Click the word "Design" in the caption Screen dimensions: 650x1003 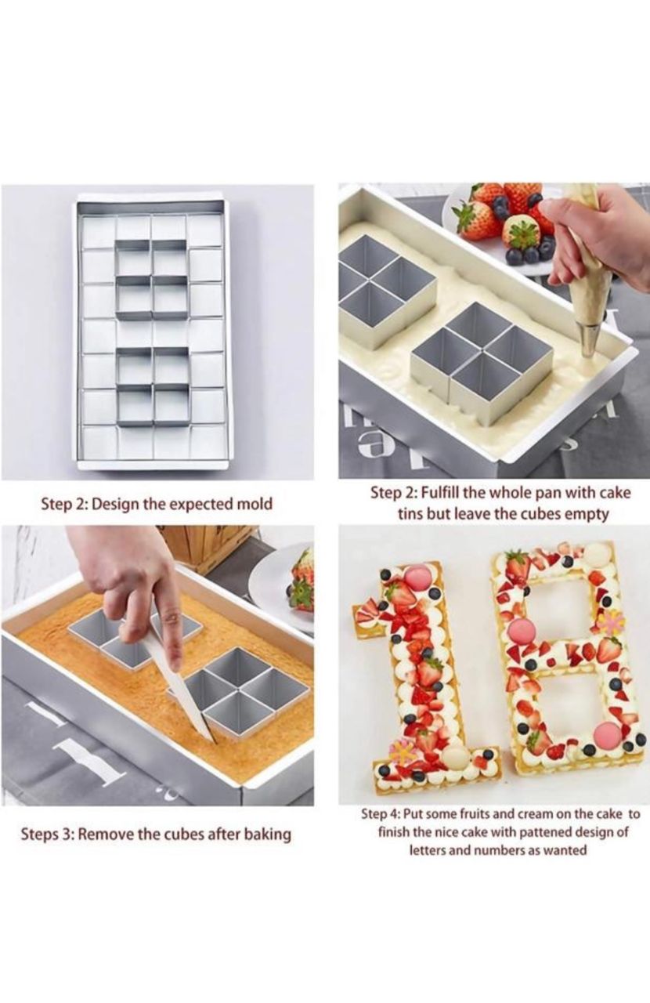tap(115, 504)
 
